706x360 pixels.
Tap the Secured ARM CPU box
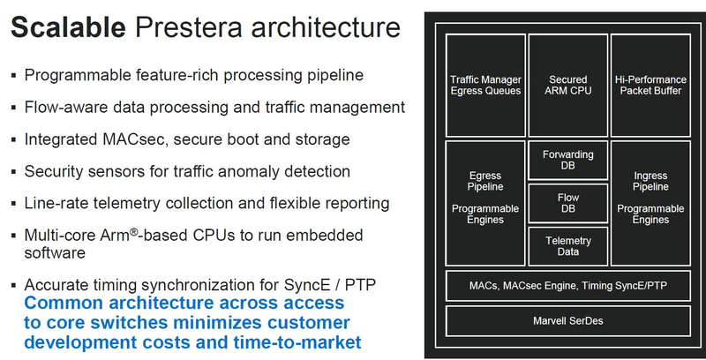[567, 85]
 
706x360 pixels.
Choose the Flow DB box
[567, 203]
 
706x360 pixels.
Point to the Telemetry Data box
[567, 246]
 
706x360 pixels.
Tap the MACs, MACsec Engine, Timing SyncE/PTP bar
[567, 285]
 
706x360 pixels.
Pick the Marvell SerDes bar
[567, 319]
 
